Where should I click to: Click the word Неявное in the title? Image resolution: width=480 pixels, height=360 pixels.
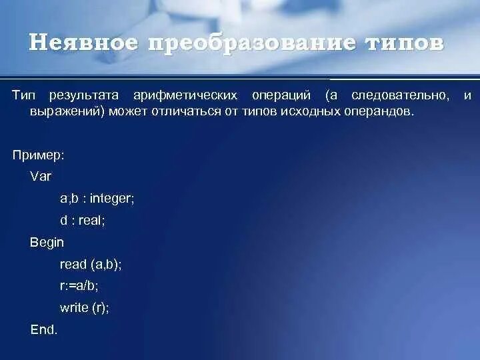pos(84,43)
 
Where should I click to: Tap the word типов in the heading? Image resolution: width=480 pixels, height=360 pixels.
pos(406,43)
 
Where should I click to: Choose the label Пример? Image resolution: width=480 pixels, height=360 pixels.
pos(39,155)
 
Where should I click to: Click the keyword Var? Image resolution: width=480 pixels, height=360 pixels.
pos(40,177)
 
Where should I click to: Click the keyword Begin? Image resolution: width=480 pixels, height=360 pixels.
pos(47,243)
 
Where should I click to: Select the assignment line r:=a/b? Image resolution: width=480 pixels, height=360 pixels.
pos(79,285)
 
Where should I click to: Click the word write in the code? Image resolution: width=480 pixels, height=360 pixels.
pos(74,307)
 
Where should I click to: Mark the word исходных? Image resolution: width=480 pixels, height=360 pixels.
pos(303,112)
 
